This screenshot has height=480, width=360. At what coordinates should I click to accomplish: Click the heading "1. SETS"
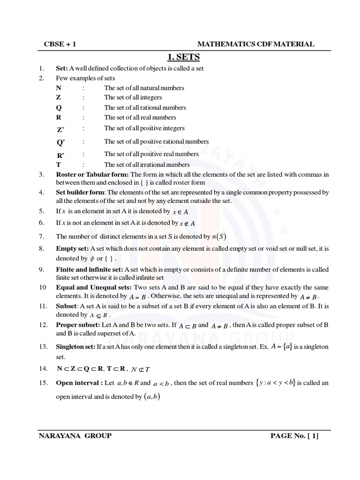tap(184, 57)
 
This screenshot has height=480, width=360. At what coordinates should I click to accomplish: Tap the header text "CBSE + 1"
tap(57, 44)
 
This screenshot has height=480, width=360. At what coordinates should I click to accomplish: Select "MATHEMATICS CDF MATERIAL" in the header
tap(255, 44)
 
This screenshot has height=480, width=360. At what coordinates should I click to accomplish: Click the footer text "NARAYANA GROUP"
tap(75, 436)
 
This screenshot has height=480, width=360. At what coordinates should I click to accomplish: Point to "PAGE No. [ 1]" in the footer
tap(294, 436)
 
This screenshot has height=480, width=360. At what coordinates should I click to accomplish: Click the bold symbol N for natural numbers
tap(59, 88)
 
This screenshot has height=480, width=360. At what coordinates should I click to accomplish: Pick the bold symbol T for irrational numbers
tap(59, 165)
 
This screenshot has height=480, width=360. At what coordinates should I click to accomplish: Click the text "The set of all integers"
tap(133, 97)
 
